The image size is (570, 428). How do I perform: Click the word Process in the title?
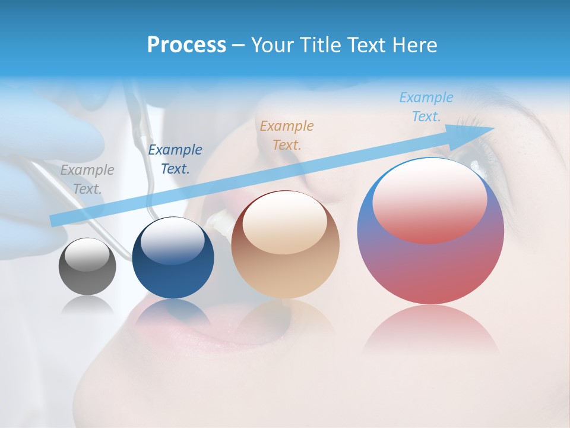click(x=186, y=45)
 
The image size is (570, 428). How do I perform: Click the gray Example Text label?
click(x=87, y=180)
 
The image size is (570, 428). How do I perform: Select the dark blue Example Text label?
click(x=175, y=159)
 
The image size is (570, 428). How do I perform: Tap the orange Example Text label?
click(x=286, y=135)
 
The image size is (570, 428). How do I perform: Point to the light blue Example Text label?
click(x=426, y=107)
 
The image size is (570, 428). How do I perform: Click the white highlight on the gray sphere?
click(x=87, y=256)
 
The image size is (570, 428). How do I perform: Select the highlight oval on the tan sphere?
click(x=285, y=223)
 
